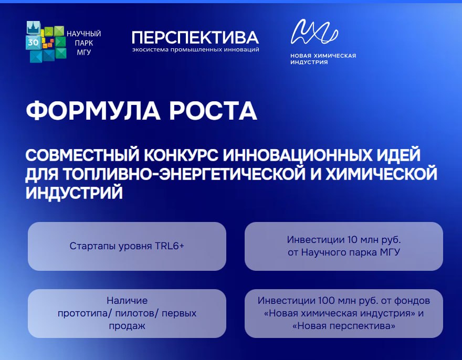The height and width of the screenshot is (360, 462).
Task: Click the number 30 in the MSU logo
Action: (x=33, y=43)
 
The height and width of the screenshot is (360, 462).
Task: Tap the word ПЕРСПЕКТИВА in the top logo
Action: (x=195, y=37)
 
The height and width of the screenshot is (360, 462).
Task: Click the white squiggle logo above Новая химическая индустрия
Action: (x=314, y=31)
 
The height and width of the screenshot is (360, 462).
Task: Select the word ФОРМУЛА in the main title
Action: (x=93, y=111)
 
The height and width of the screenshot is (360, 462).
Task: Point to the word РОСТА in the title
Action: (x=213, y=111)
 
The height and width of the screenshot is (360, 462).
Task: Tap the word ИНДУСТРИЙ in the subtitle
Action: (x=74, y=193)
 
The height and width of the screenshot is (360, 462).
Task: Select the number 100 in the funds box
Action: (x=326, y=301)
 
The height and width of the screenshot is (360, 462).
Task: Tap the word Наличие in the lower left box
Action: (x=127, y=301)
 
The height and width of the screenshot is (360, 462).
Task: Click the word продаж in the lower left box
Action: (x=127, y=326)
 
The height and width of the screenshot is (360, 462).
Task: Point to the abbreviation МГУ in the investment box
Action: (x=390, y=252)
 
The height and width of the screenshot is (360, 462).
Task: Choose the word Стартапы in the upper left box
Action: (x=92, y=246)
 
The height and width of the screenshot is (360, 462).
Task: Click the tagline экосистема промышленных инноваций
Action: (x=196, y=49)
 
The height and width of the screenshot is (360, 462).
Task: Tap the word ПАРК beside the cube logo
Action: (x=84, y=43)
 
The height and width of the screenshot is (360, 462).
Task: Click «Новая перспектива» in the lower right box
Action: (x=343, y=326)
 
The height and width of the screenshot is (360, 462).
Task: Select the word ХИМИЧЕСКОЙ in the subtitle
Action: (x=381, y=174)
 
